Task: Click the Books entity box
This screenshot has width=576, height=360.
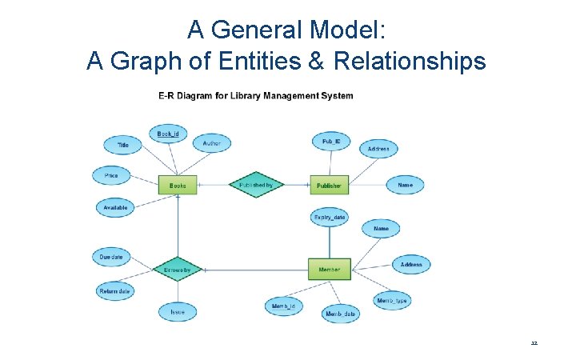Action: [178, 185]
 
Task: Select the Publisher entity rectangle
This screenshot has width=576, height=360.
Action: [329, 185]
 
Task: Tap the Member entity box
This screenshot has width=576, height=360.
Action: [329, 270]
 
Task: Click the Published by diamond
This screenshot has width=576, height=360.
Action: [256, 185]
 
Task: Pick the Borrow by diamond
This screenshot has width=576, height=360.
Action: [177, 270]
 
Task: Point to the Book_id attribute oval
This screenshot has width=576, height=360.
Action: [168, 134]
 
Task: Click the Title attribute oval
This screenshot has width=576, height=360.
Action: [123, 146]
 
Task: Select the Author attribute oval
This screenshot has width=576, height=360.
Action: [211, 143]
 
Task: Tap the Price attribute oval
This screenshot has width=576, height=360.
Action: [112, 174]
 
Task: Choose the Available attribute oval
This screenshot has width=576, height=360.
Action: [115, 207]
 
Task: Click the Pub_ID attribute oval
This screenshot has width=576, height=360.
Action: [331, 142]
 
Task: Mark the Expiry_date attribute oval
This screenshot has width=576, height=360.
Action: [329, 217]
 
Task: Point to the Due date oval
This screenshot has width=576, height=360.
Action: [112, 257]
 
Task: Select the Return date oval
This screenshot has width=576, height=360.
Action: [114, 291]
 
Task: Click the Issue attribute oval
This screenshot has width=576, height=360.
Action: [178, 311]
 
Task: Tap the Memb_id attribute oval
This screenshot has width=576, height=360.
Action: [284, 306]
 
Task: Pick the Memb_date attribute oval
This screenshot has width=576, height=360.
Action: [341, 314]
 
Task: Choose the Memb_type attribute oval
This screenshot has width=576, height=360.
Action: [392, 301]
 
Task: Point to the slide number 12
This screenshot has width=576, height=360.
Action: [534, 342]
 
